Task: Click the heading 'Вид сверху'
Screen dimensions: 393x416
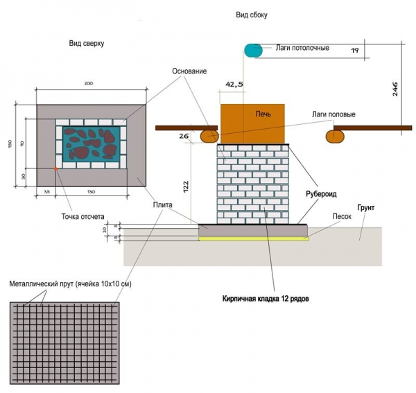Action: click(x=86, y=43)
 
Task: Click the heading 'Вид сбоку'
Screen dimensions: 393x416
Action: click(x=251, y=15)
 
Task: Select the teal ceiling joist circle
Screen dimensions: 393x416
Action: click(x=252, y=50)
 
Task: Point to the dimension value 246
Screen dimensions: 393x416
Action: click(x=394, y=91)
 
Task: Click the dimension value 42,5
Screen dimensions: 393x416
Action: click(x=234, y=84)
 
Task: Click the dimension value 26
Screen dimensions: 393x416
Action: click(x=183, y=137)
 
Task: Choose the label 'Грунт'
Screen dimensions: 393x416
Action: click(x=365, y=207)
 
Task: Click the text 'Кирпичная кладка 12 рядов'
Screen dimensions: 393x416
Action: click(x=270, y=299)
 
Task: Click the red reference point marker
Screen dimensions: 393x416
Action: click(x=55, y=168)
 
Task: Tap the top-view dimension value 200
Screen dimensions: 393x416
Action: click(x=88, y=83)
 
